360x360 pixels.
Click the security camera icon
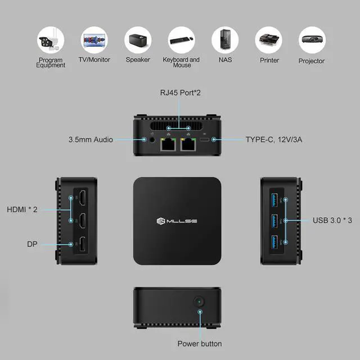tap(51, 40)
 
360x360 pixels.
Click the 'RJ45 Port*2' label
tap(180, 92)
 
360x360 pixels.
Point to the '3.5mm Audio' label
tap(91, 139)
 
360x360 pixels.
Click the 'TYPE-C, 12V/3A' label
tap(274, 139)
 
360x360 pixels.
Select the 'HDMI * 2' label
tap(22, 209)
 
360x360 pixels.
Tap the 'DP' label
tap(32, 244)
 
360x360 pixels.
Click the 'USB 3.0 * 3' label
tap(332, 220)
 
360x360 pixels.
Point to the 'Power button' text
tap(200, 344)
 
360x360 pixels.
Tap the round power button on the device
tap(199, 301)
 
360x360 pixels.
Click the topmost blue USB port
tap(274, 199)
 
